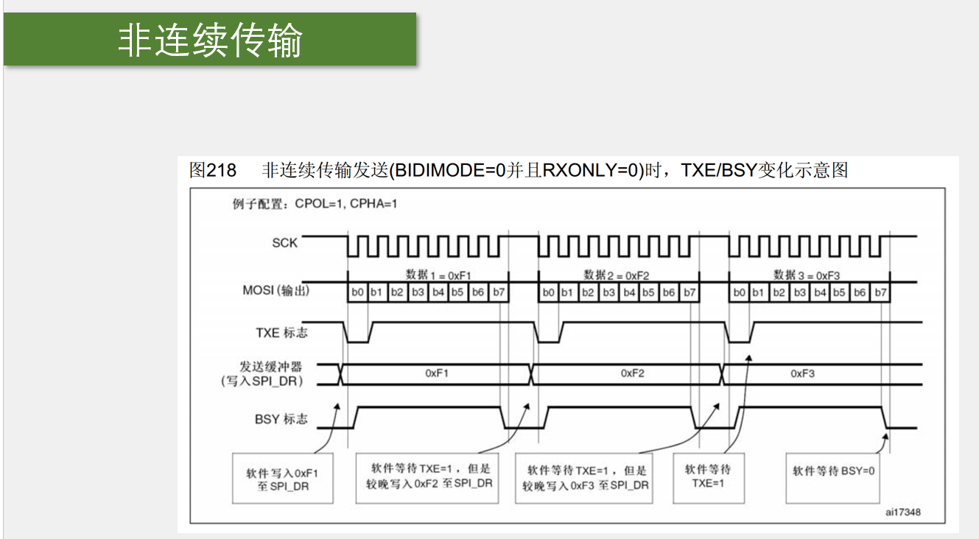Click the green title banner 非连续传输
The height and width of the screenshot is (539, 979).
coord(210,40)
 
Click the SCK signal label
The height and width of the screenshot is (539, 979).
coord(284,243)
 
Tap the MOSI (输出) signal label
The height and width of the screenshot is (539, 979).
coord(276,291)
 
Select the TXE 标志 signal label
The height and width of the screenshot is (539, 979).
coord(281,333)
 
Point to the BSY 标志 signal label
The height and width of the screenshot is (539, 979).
coord(281,419)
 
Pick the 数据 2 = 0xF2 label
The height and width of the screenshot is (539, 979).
coord(617,275)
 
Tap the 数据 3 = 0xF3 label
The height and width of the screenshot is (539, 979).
coord(807,275)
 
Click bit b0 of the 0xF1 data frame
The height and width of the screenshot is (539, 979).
coord(357,292)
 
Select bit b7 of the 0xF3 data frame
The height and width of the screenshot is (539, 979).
coord(880,292)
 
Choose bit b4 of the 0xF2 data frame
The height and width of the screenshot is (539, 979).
coord(628,292)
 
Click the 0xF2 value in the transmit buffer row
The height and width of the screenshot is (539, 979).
coord(632,373)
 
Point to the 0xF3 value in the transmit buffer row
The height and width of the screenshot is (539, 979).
coord(803,373)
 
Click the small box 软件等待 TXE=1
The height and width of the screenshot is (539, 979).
coord(708,476)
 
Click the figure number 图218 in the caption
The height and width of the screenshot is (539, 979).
coord(213,171)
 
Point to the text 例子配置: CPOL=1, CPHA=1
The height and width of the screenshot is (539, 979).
coord(315,204)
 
